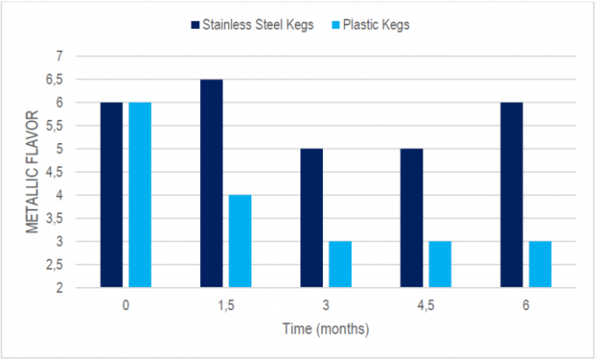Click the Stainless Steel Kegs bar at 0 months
[112, 194]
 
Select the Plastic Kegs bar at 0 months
[140, 194]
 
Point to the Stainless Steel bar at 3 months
[312, 218]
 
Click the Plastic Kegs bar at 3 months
[340, 264]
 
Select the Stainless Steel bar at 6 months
[511, 194]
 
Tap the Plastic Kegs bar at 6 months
[540, 264]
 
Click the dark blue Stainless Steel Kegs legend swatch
[196, 25]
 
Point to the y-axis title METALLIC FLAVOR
[33, 172]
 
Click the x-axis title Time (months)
[325, 329]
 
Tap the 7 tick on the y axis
[58, 56]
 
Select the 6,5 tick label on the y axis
[53, 80]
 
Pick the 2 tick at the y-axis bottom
[58, 288]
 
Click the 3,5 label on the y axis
[53, 219]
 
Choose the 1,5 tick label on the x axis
[226, 305]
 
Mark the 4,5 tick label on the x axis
[426, 305]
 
